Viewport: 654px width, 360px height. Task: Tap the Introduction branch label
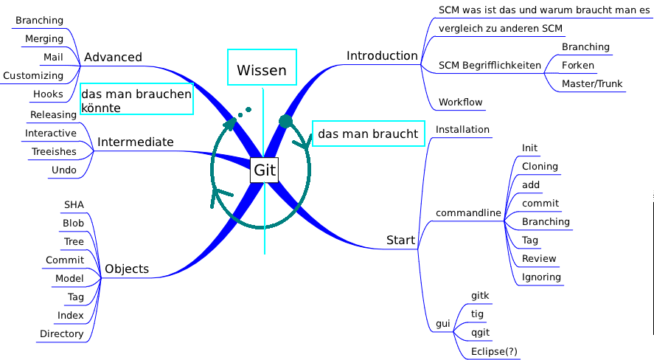pos(382,56)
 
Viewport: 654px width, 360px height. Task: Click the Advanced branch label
pos(113,58)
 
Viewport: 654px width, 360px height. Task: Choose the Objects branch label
pos(127,269)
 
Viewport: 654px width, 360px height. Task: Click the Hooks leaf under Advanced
pos(48,94)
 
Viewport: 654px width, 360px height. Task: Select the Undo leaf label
pos(63,170)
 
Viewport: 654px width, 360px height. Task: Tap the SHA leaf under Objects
pos(74,205)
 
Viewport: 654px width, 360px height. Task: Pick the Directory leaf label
pos(61,334)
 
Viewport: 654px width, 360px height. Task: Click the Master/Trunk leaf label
pos(592,84)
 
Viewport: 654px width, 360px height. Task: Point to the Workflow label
pos(460,103)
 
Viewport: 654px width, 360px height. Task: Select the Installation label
pos(462,130)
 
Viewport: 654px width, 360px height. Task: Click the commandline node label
pos(468,214)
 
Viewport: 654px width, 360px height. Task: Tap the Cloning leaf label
pos(540,167)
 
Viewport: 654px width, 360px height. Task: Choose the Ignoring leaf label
pos(541,277)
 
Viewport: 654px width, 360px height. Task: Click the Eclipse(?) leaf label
pos(494,352)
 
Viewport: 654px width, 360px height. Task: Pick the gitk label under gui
pos(480,296)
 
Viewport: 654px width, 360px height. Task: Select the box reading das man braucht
pos(368,134)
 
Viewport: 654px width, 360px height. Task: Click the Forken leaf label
pos(577,66)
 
